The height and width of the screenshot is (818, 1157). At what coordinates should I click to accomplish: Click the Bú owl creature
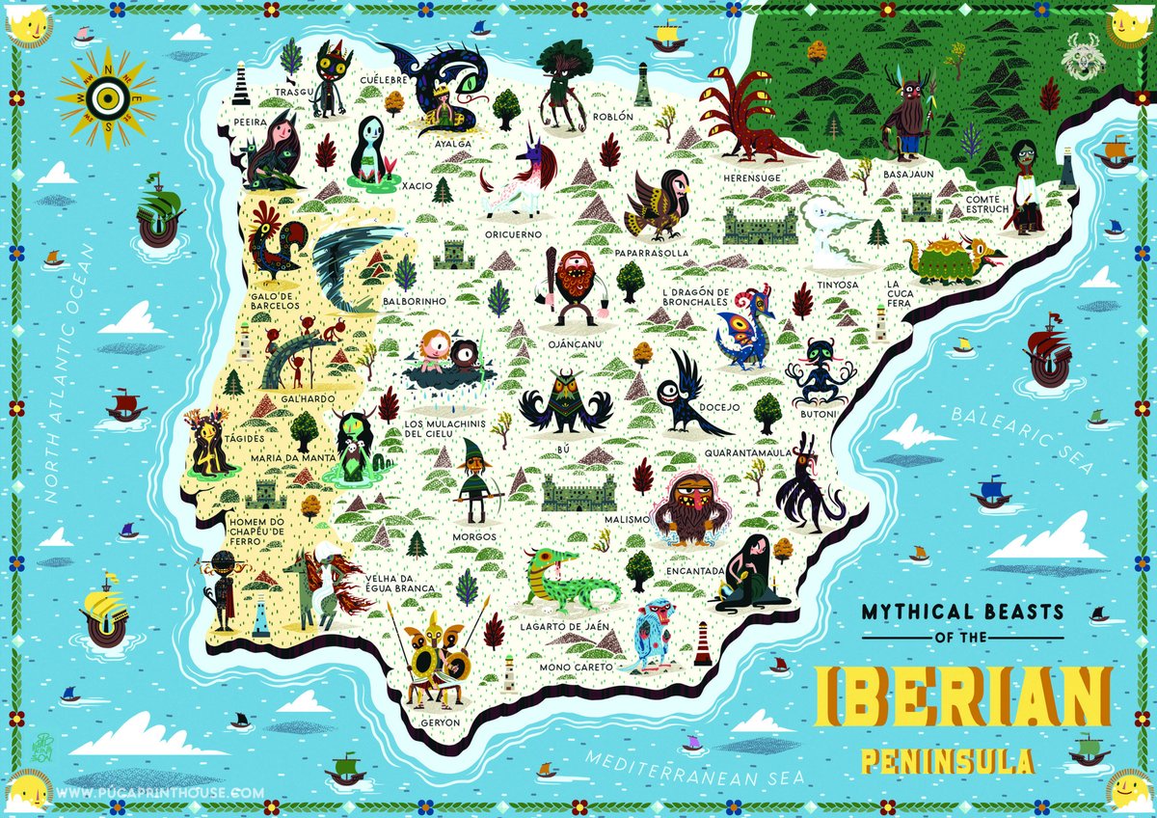tap(565, 403)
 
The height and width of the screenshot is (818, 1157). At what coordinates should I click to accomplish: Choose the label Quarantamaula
tap(748, 450)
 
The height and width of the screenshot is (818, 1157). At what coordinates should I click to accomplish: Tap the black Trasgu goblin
tap(333, 75)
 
